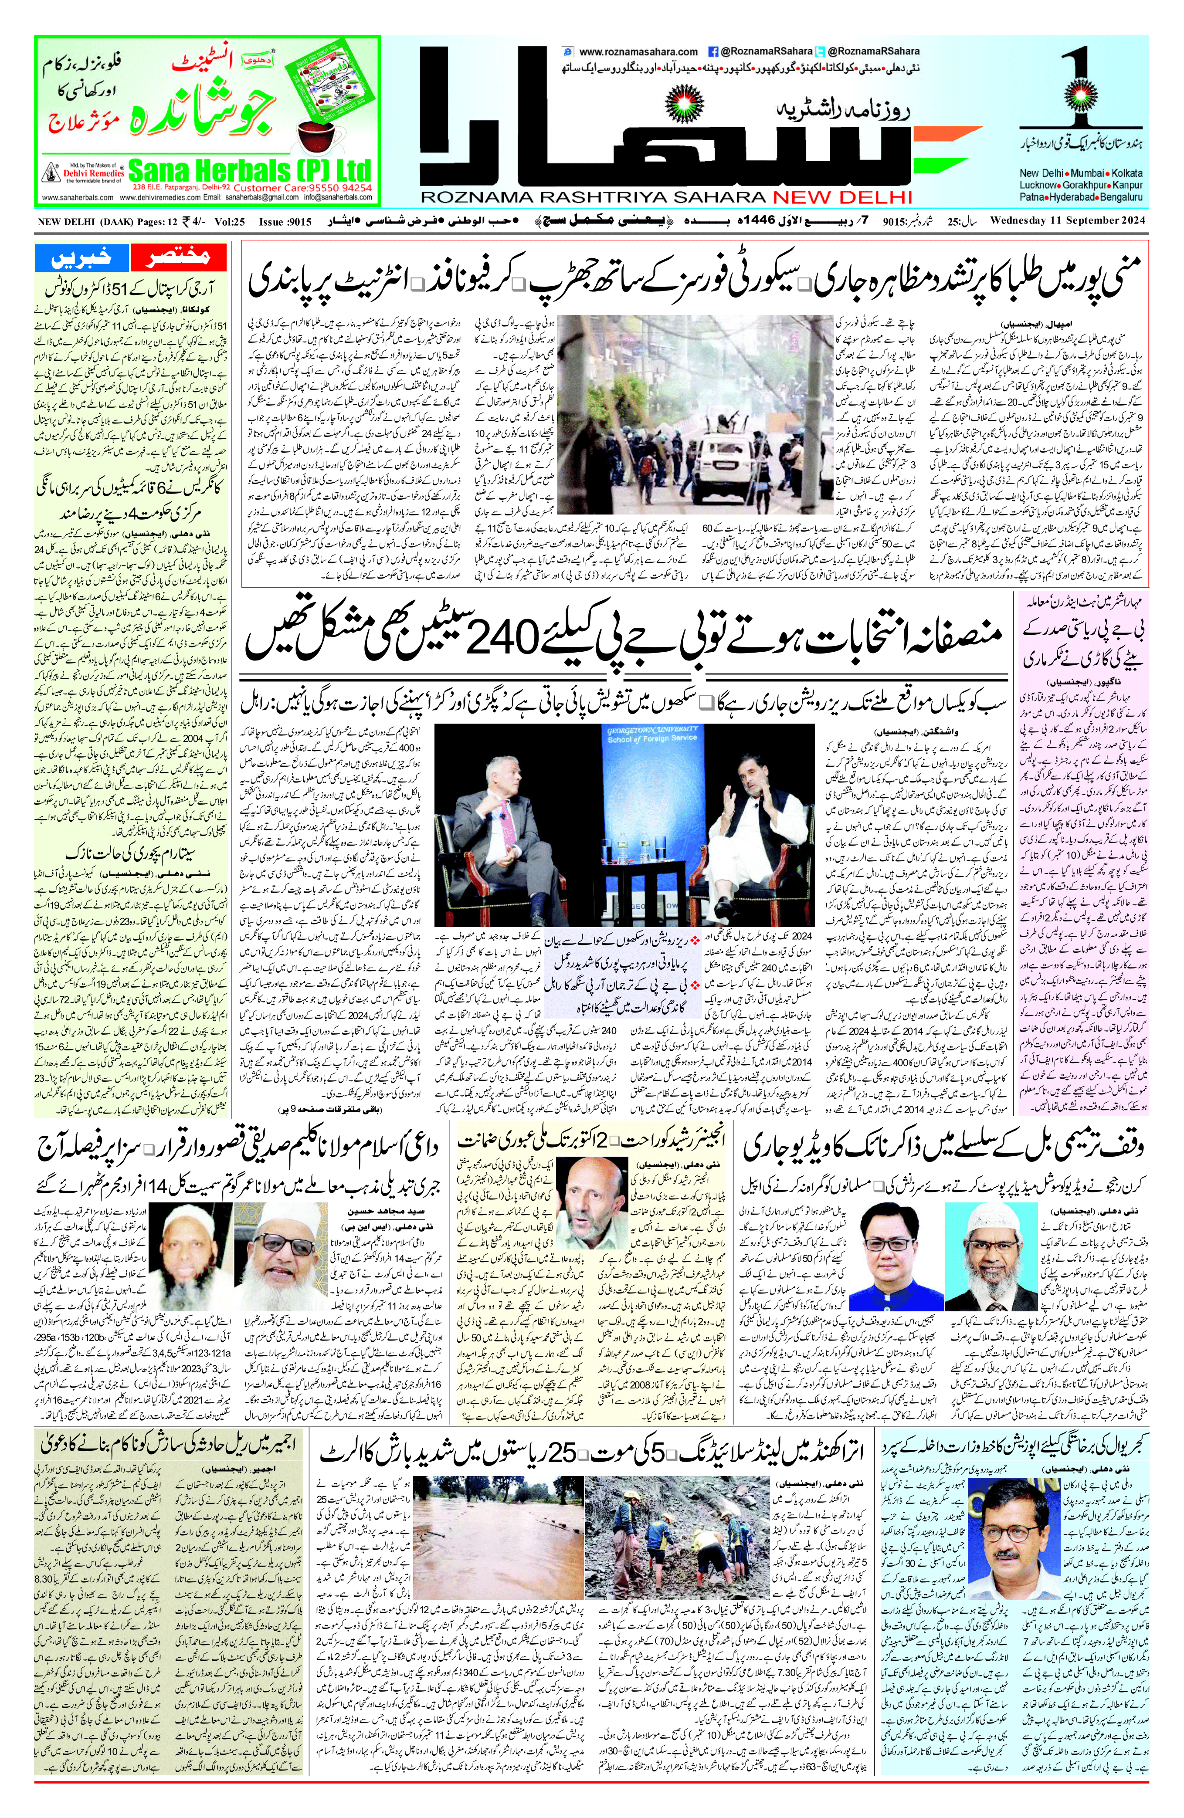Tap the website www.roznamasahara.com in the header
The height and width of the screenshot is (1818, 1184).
tap(638, 52)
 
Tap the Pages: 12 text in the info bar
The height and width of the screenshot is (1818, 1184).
tap(135, 222)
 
